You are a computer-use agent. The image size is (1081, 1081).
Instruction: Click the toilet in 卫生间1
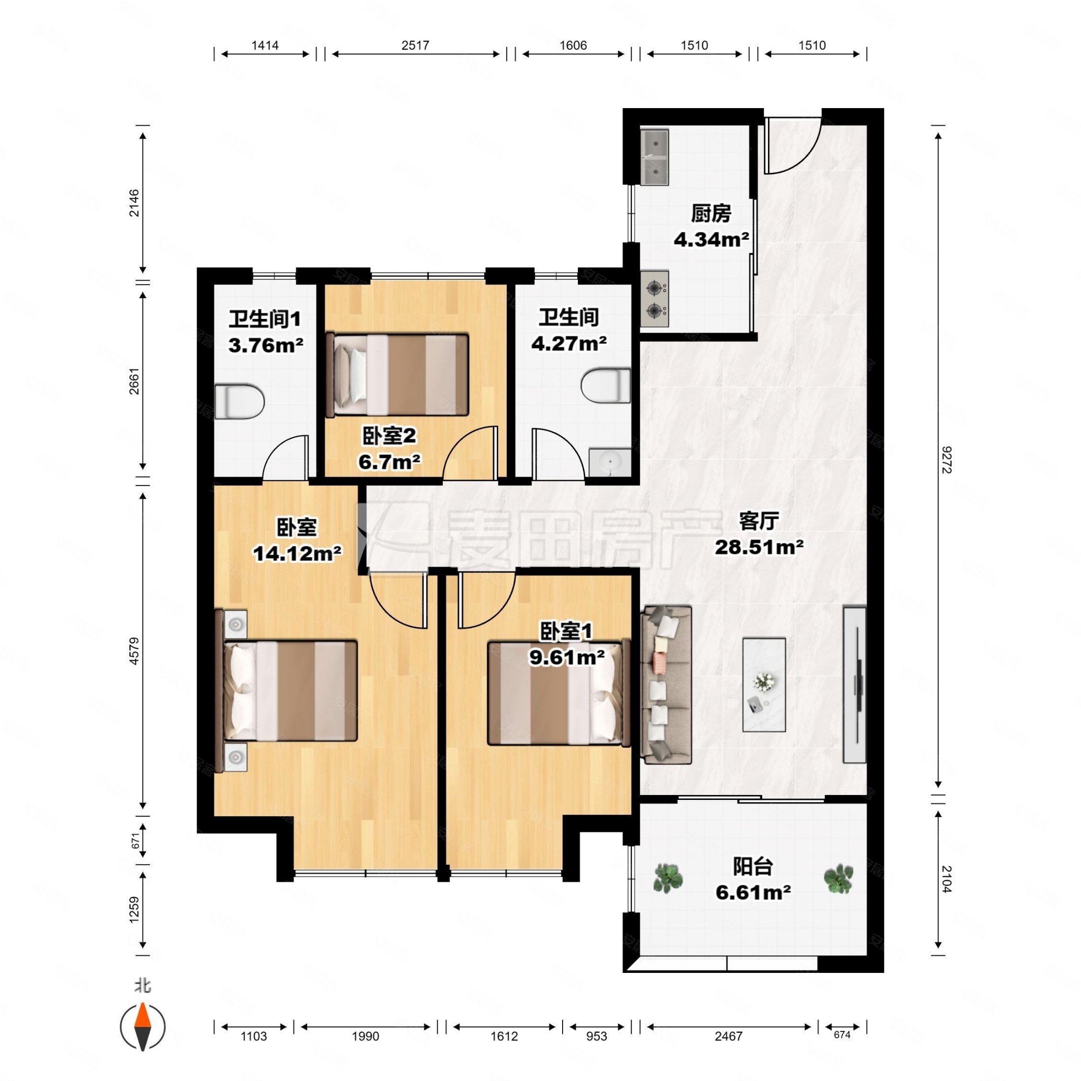239,401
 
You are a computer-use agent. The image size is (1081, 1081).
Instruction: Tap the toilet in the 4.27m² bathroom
606,385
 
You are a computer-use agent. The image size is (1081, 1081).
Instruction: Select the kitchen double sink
654,157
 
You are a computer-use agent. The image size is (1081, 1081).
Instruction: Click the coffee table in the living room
764,685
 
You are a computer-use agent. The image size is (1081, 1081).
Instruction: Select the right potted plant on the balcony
838,879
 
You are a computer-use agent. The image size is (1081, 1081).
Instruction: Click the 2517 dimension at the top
415,45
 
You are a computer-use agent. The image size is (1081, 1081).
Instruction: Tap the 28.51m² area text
759,547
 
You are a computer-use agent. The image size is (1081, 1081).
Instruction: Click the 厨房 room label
711,213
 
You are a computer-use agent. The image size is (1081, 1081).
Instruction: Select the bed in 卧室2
397,374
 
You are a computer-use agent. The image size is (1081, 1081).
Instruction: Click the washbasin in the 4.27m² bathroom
610,462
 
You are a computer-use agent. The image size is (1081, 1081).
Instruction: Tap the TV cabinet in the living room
855,685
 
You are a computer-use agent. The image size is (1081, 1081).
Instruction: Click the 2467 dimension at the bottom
729,1037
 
